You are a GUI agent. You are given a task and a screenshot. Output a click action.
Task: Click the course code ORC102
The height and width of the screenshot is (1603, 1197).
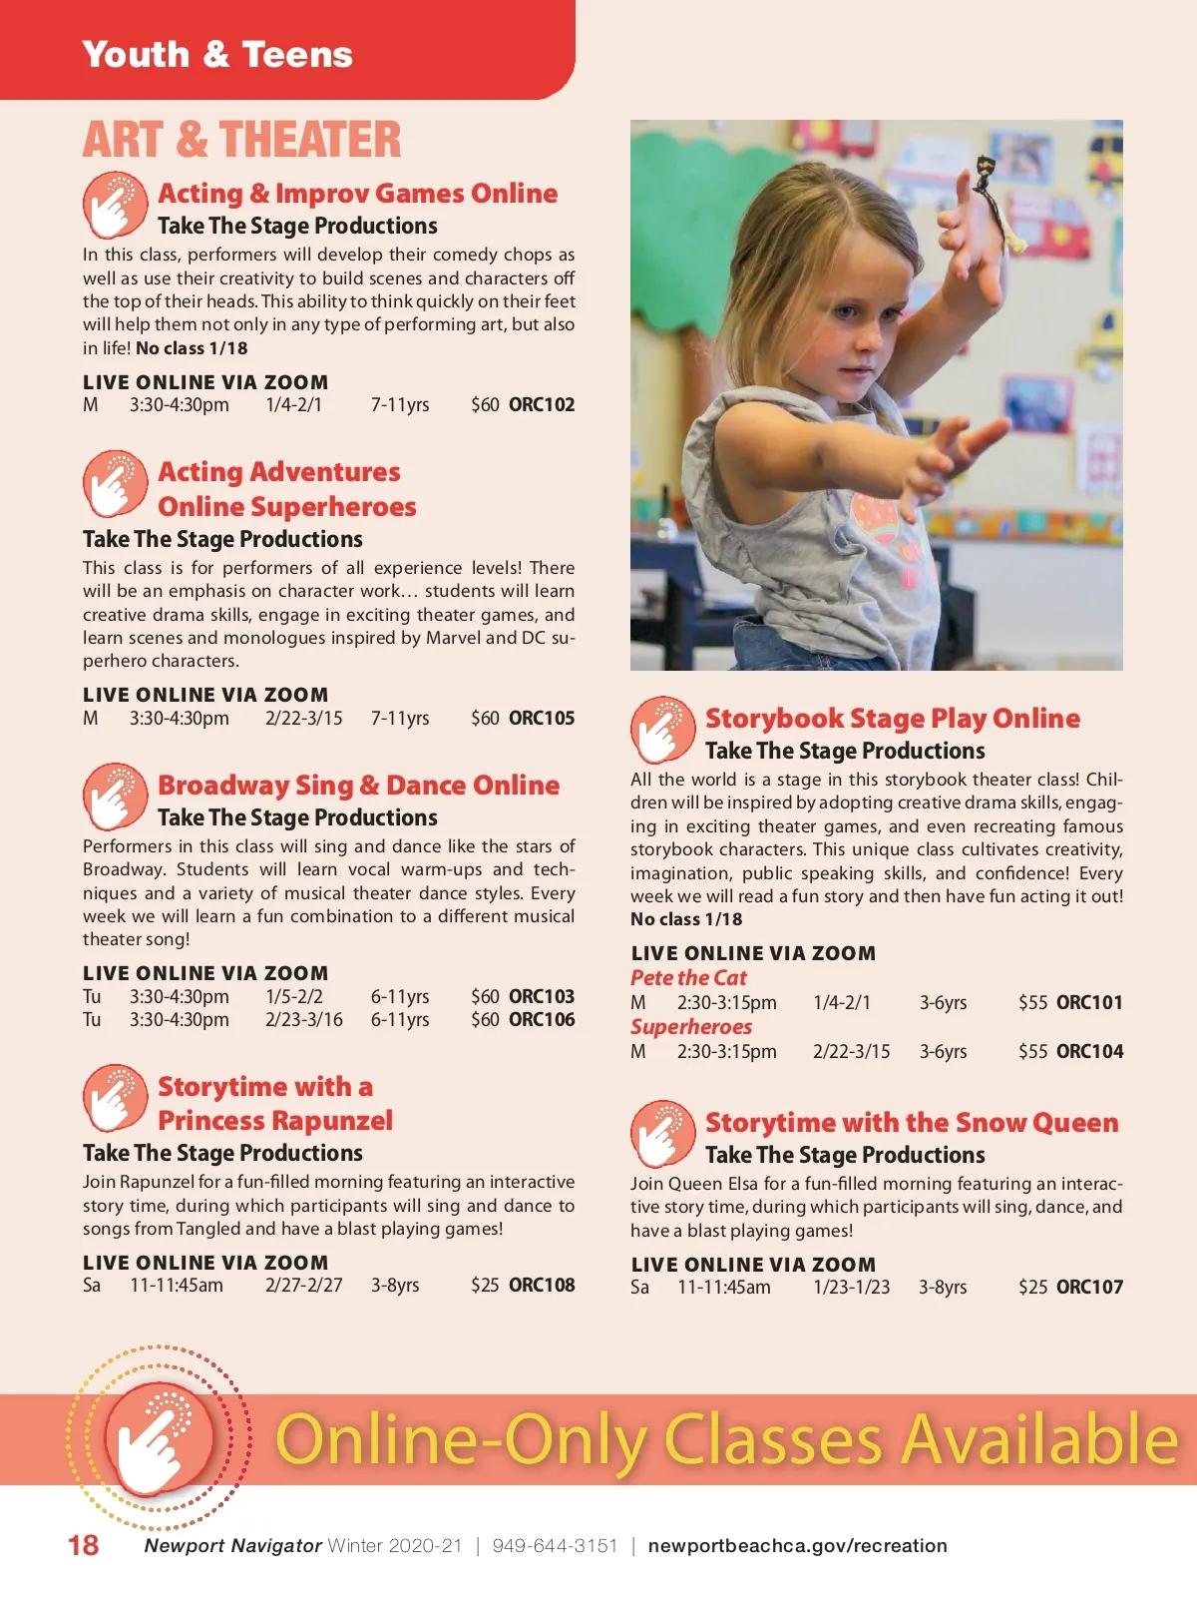pyautogui.click(x=542, y=405)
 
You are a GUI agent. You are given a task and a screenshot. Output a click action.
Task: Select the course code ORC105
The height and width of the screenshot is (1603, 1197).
pyautogui.click(x=542, y=719)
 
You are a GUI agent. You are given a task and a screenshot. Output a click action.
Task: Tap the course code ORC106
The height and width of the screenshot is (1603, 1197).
pyautogui.click(x=542, y=1020)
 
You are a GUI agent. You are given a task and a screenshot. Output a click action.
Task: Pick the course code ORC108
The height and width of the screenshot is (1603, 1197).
pyautogui.click(x=542, y=1286)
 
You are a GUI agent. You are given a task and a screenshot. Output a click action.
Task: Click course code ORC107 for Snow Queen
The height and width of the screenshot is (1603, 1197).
pyautogui.click(x=1089, y=1288)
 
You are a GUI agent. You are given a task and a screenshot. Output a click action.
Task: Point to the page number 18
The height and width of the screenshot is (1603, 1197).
pyautogui.click(x=84, y=1546)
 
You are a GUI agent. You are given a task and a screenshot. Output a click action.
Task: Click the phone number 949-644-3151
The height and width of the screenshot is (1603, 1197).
pyautogui.click(x=555, y=1546)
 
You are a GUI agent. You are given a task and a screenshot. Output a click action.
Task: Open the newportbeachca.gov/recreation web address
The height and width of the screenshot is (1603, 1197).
pyautogui.click(x=797, y=1546)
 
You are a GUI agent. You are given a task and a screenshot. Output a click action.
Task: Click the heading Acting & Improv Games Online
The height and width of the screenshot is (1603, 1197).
pyautogui.click(x=357, y=194)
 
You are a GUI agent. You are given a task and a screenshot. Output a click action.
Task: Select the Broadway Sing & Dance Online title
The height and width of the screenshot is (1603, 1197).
pyautogui.click(x=358, y=786)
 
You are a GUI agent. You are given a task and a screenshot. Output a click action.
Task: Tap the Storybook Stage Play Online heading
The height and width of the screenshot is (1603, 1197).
pyautogui.click(x=892, y=719)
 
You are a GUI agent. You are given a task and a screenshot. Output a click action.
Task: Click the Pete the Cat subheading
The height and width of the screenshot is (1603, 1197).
pyautogui.click(x=688, y=978)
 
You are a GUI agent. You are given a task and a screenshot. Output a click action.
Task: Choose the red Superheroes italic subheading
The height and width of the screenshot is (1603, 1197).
pyautogui.click(x=691, y=1027)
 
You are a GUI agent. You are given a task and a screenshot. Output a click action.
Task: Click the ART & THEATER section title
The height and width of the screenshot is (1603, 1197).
pyautogui.click(x=242, y=140)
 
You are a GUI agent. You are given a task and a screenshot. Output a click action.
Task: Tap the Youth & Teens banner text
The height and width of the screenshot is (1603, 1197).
pyautogui.click(x=217, y=54)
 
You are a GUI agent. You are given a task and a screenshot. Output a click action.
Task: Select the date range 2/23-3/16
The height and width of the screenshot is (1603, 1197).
pyautogui.click(x=303, y=1020)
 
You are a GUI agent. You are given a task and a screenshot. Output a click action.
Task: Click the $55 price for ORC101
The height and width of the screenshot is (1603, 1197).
pyautogui.click(x=1032, y=1003)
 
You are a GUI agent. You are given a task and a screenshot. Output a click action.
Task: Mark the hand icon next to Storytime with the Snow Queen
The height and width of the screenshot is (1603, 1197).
pyautogui.click(x=662, y=1134)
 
